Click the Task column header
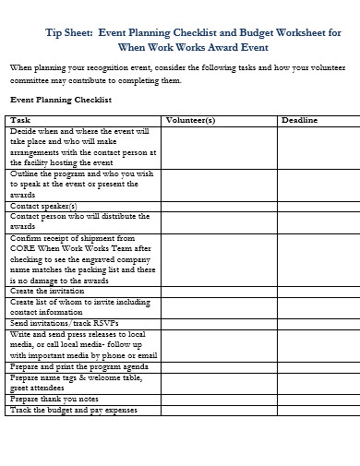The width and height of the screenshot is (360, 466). (x=20, y=120)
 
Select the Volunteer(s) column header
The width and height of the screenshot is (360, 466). (x=190, y=120)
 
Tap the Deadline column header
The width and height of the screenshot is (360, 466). (x=299, y=120)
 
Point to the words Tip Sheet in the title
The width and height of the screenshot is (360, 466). (x=67, y=31)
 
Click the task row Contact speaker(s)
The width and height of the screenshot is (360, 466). (x=43, y=206)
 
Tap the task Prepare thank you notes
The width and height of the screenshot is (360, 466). (x=54, y=399)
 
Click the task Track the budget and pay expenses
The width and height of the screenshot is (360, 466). (x=74, y=410)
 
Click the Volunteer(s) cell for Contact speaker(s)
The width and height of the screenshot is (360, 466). (x=219, y=206)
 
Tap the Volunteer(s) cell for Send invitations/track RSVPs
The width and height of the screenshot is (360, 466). (x=219, y=323)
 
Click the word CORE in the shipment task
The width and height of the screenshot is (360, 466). (x=23, y=248)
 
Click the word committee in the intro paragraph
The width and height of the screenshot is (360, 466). (x=30, y=81)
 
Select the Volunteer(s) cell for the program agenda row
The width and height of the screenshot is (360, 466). (x=219, y=365)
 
